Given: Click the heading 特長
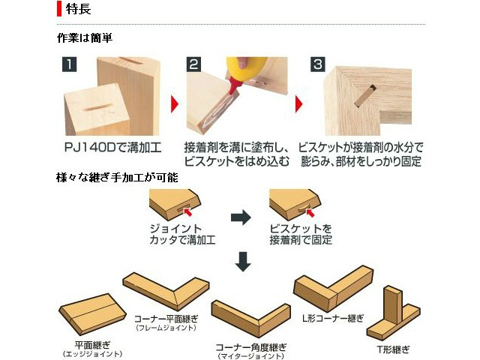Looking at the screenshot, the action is [78, 8].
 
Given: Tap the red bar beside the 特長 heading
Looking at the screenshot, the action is [59, 8].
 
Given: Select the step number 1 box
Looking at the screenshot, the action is [70, 64].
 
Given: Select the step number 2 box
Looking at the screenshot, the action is [193, 64].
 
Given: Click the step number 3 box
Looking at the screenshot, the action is [318, 64].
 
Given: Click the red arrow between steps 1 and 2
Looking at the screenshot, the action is [175, 104].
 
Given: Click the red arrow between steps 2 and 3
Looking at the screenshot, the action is [298, 104].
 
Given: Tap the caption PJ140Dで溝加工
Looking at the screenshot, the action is [112, 148].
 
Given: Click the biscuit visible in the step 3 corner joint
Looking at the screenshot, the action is [365, 96].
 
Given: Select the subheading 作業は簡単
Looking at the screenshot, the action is [85, 38].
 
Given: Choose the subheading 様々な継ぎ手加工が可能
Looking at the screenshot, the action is [117, 177].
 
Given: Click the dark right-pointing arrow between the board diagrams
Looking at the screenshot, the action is [241, 217].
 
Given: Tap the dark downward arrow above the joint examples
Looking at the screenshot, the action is [243, 261].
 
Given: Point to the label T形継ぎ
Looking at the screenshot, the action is [393, 349].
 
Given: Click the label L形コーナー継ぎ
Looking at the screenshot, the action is [333, 318].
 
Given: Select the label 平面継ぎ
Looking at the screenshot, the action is [92, 345].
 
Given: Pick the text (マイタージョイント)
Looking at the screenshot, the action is [251, 356].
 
